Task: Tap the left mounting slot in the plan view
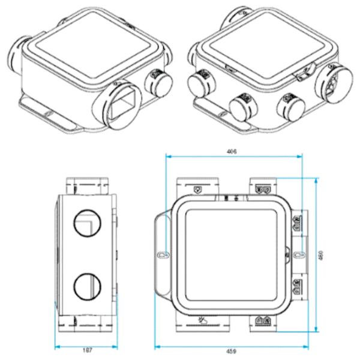(x=160, y=254)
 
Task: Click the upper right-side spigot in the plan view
(x=298, y=223)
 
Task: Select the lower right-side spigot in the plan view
(x=298, y=288)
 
